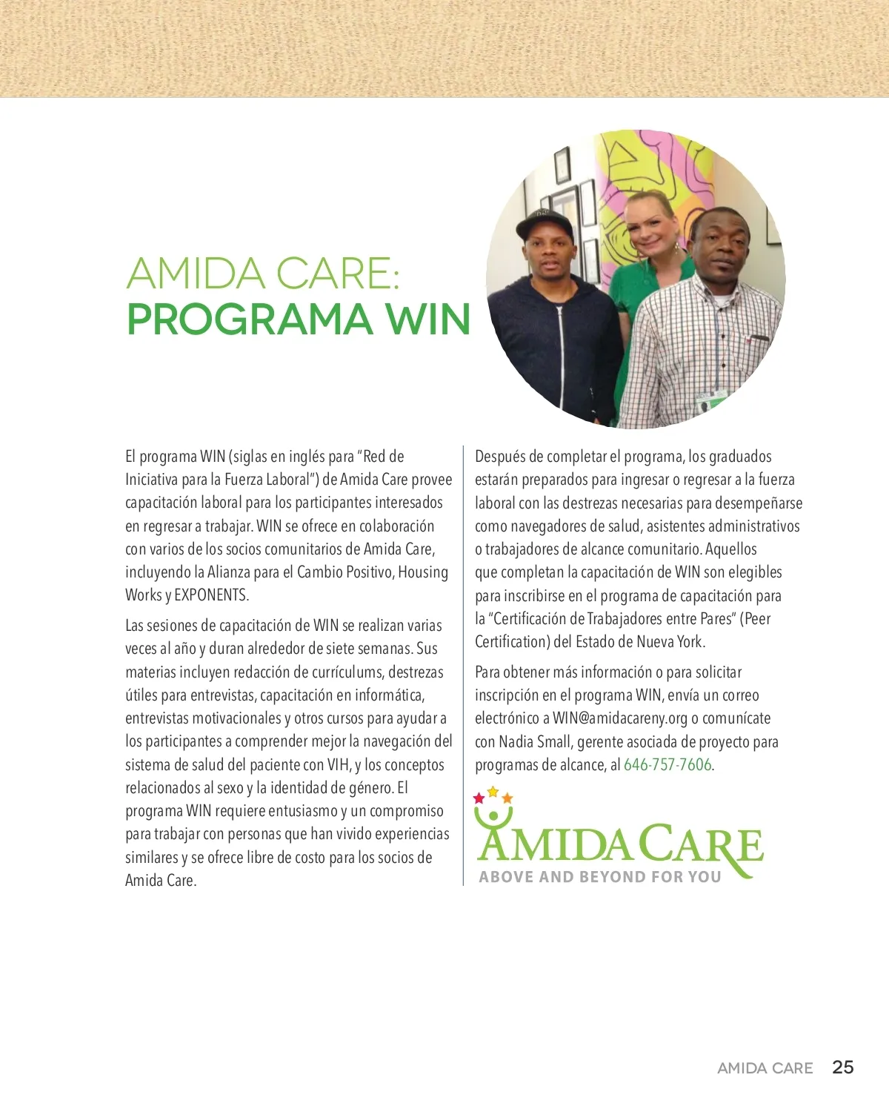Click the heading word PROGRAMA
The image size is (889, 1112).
point(249,320)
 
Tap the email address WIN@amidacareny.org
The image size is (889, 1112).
point(620,718)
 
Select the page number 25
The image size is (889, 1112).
point(842,1068)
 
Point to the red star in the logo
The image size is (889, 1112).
point(479,798)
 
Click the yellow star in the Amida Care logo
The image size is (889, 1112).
point(493,792)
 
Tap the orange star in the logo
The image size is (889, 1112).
point(507,798)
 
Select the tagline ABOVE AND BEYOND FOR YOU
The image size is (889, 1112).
point(600,877)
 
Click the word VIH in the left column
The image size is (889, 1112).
point(339,765)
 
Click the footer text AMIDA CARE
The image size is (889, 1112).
point(765,1068)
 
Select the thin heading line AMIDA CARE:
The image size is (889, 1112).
point(263,274)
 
